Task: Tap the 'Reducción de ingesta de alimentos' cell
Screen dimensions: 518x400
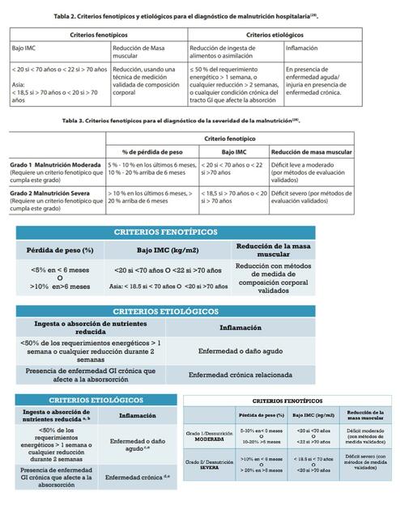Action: tap(235, 52)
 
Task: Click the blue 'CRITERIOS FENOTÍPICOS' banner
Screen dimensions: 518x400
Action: tap(165, 231)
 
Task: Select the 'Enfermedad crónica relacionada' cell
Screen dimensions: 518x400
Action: tap(240, 376)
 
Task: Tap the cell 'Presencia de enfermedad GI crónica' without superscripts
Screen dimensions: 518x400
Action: tap(90, 375)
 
